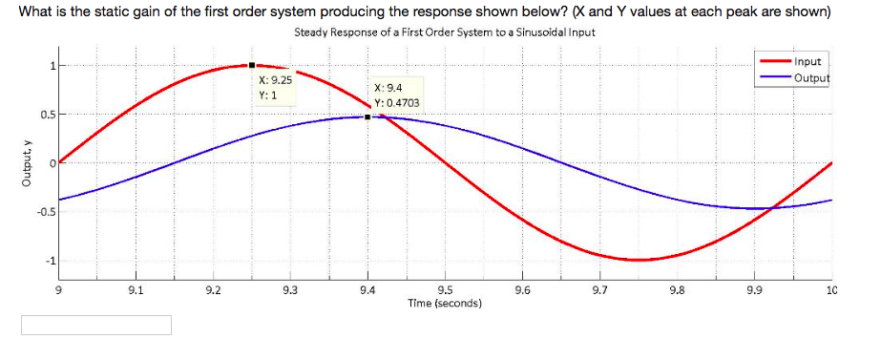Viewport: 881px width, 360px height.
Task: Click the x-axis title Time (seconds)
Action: (444, 303)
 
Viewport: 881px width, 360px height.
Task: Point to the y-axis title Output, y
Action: (12, 162)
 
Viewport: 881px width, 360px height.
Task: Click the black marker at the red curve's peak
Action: (251, 65)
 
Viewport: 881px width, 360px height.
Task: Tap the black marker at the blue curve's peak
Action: (367, 117)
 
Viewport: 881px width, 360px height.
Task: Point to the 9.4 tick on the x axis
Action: (367, 289)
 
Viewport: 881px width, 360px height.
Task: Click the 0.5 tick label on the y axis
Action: (45, 115)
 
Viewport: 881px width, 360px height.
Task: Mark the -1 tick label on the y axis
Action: (52, 260)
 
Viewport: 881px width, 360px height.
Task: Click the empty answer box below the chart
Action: (97, 326)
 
